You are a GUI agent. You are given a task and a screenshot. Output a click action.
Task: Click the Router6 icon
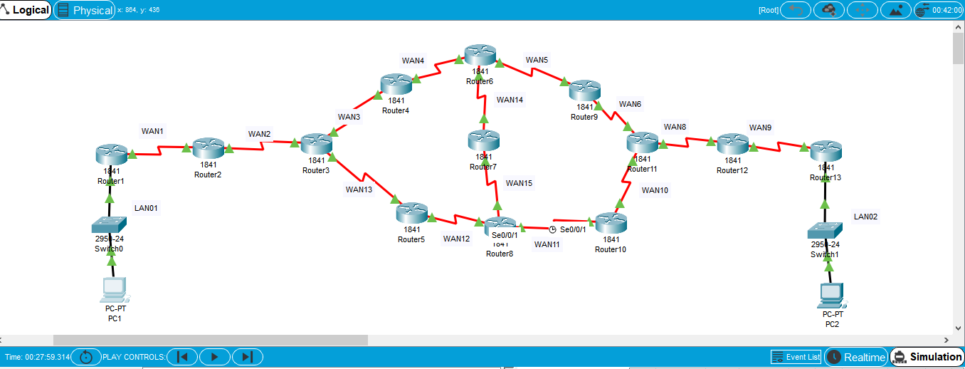pyautogui.click(x=480, y=55)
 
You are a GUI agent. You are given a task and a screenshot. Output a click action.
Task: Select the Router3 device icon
pyautogui.click(x=316, y=145)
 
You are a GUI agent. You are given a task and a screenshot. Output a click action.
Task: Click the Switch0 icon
pyautogui.click(x=109, y=226)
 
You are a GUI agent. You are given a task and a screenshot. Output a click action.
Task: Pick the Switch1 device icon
pyautogui.click(x=825, y=230)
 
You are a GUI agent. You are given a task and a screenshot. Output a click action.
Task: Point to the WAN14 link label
pyautogui.click(x=510, y=100)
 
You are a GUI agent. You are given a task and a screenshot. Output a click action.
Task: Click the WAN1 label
pyautogui.click(x=152, y=131)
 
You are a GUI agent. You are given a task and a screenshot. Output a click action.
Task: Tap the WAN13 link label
pyautogui.click(x=359, y=189)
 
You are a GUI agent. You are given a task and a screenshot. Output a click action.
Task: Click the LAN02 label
pyautogui.click(x=865, y=217)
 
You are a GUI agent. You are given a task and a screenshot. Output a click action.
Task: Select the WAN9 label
pyautogui.click(x=760, y=128)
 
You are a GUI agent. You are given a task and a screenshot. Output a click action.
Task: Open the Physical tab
pyautogui.click(x=85, y=10)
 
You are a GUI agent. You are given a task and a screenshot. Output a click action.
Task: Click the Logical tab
pyautogui.click(x=26, y=10)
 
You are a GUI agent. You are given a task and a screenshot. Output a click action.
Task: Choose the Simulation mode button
pyautogui.click(x=927, y=357)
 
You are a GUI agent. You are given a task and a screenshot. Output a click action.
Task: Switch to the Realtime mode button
pyautogui.click(x=856, y=357)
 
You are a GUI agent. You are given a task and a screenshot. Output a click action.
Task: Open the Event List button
pyautogui.click(x=796, y=357)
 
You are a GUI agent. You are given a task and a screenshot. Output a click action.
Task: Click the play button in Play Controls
pyautogui.click(x=215, y=357)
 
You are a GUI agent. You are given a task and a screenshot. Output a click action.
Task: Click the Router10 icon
pyautogui.click(x=611, y=222)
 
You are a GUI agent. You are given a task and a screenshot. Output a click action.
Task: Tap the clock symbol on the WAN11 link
pyautogui.click(x=552, y=229)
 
